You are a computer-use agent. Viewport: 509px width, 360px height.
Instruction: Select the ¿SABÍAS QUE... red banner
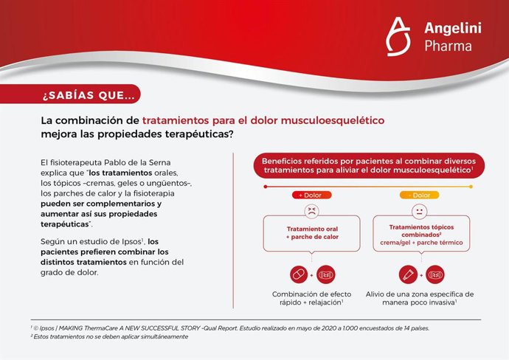coord(89,94)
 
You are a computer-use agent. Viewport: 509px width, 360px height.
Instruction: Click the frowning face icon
coord(311,210)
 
